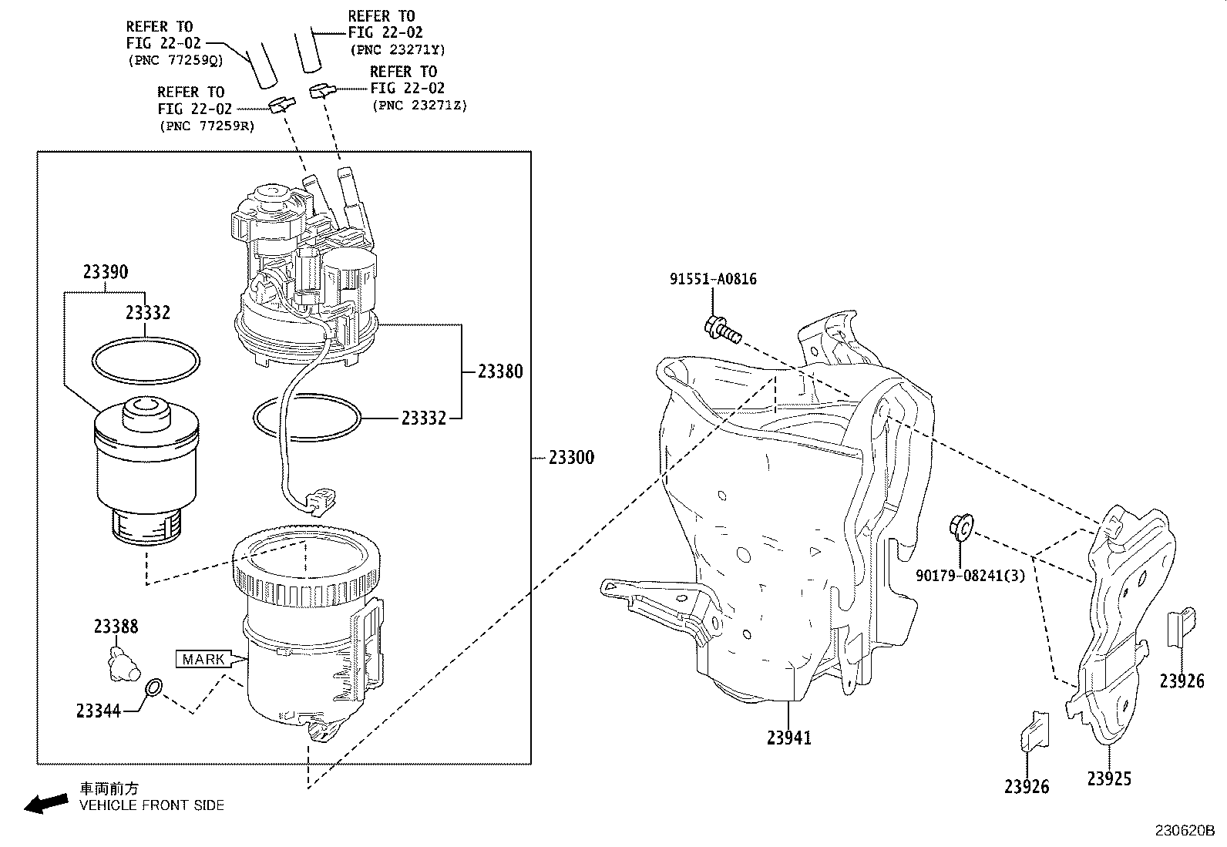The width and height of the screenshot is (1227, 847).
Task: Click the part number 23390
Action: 106,272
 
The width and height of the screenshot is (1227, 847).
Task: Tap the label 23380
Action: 500,371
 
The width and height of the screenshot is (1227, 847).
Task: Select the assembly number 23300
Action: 571,458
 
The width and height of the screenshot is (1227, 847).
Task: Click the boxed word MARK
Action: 204,659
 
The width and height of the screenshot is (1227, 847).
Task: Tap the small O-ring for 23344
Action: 154,687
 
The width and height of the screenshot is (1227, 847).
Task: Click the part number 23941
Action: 789,738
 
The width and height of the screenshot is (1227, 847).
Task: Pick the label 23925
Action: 1109,779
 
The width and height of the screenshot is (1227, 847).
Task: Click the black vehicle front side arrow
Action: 45,804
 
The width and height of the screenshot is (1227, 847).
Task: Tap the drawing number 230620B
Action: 1183,832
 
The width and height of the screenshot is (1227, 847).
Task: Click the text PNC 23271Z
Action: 419,106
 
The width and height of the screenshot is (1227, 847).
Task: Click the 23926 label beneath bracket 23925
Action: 1027,787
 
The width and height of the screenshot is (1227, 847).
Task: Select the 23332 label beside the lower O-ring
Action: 423,418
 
